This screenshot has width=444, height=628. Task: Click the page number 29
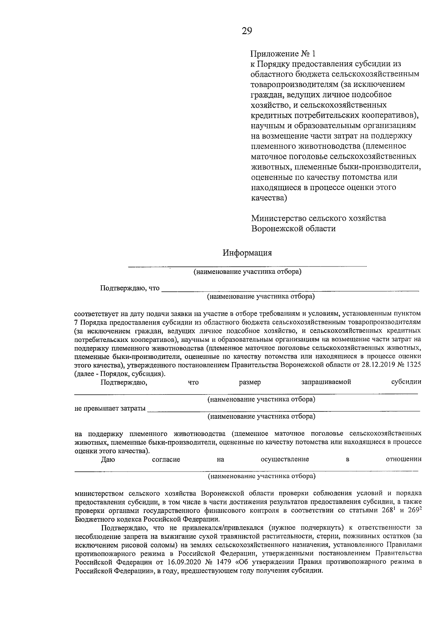pos(247,31)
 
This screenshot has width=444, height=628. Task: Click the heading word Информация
pos(247,253)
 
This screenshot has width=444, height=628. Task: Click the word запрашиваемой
pos(326,382)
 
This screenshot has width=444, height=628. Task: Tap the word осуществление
pos(285,459)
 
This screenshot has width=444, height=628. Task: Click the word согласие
pos(166,459)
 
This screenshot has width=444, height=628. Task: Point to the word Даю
pos(108,459)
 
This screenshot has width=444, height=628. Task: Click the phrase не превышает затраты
pos(110,408)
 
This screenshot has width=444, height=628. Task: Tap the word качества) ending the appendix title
pos(269,198)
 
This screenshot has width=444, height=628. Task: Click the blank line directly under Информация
pos(247,265)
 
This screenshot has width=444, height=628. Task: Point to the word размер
pos(250,382)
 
